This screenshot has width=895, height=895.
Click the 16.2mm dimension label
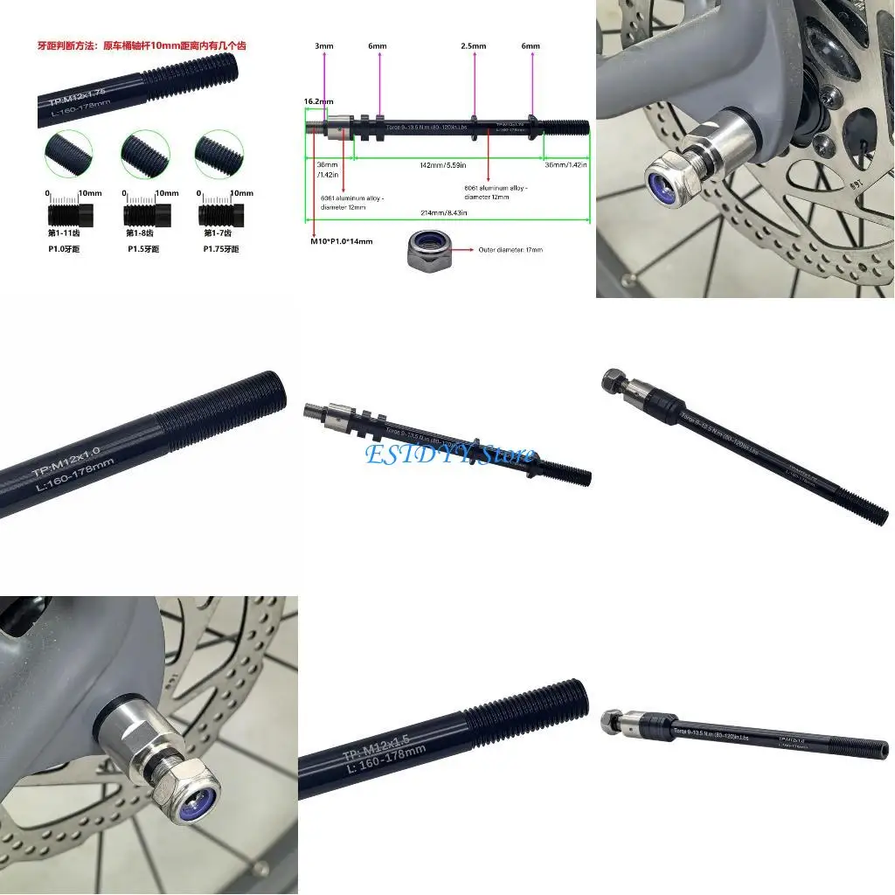(318, 101)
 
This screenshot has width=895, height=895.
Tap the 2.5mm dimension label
(474, 45)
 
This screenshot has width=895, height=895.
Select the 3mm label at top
(324, 45)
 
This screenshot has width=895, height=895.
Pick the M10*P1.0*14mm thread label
(342, 241)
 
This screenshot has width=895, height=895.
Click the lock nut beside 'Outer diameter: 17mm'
(428, 251)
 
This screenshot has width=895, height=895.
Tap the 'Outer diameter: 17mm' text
(510, 250)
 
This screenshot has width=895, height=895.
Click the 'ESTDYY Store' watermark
(449, 454)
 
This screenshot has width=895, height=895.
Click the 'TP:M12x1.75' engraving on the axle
(77, 91)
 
